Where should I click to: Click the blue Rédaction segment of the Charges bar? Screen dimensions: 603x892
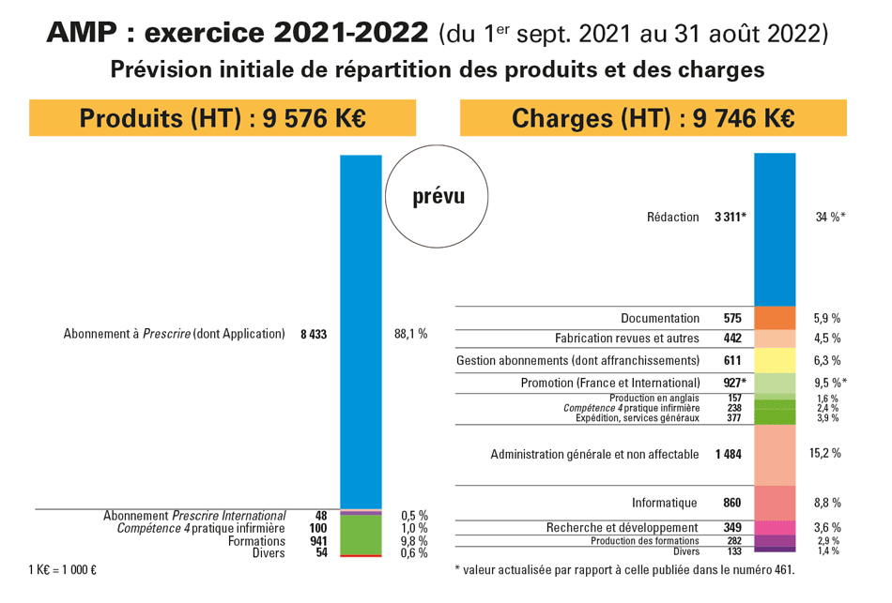tap(775, 229)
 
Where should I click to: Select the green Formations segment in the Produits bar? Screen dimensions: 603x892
tap(361, 535)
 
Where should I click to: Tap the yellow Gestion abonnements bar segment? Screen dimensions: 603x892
tap(775, 360)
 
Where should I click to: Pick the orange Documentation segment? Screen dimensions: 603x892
tap(775, 318)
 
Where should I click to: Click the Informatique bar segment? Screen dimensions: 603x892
tap(775, 502)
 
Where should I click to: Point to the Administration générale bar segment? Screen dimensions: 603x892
tap(775, 454)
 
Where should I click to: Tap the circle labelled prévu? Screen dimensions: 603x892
tap(438, 197)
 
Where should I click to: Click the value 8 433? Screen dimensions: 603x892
tap(314, 334)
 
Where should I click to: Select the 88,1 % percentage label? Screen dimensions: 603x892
tap(409, 334)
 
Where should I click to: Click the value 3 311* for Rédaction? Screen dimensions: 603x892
tap(730, 218)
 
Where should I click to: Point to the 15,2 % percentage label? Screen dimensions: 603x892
tap(824, 454)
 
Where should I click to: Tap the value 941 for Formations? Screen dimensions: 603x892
tap(317, 541)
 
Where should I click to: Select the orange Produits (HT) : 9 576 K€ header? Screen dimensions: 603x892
tap(223, 119)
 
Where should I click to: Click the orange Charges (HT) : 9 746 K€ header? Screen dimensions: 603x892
tap(653, 119)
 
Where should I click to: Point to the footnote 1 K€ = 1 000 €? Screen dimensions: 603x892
tap(64, 569)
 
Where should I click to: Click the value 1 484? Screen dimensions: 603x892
tap(728, 455)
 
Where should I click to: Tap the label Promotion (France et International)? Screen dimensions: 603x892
tap(610, 383)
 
